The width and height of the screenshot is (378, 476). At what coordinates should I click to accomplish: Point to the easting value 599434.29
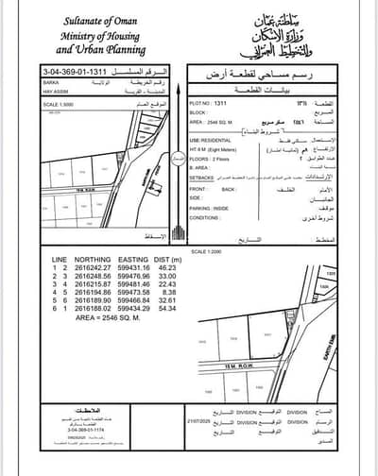click(x=133, y=310)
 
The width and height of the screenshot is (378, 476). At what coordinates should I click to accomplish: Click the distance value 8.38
click(x=169, y=293)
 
